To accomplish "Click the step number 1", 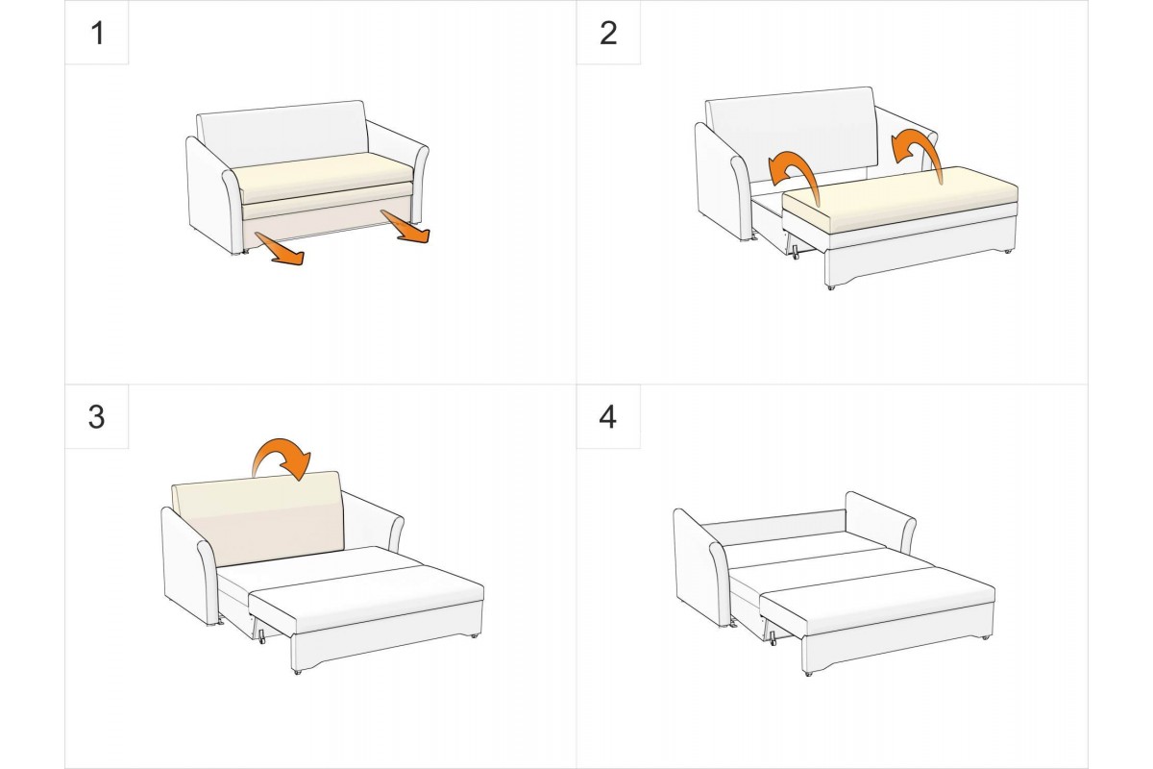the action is pos(97,34).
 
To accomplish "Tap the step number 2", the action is pos(608,34).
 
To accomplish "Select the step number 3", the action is pos(97,417).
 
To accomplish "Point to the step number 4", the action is pos(608,417).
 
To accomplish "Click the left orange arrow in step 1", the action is pos(281,250).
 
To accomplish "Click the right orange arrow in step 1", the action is pos(405,228).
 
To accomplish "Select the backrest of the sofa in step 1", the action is pos(283,132).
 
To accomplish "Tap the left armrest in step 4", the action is pos(701,566).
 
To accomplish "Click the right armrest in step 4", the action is pos(879,520).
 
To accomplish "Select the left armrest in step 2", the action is pos(723,183).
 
